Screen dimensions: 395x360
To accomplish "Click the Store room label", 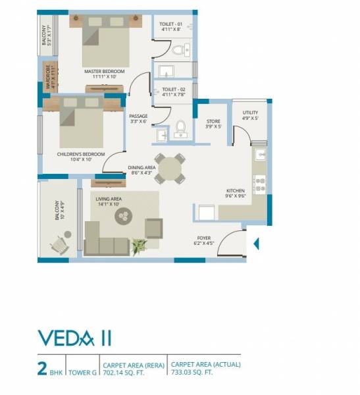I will (x=213, y=122).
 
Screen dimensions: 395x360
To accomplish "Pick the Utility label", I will (x=250, y=113).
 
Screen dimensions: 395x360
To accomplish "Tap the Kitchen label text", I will (x=236, y=191).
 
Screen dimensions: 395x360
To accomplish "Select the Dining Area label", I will (x=141, y=168).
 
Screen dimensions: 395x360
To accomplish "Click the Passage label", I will (x=138, y=117).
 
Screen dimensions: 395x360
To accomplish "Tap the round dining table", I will (x=170, y=167).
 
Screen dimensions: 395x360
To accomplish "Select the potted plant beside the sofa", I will (x=138, y=246).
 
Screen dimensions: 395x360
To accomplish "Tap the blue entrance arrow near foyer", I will (x=257, y=244).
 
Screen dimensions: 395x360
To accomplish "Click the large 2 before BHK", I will (x=42, y=367).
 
